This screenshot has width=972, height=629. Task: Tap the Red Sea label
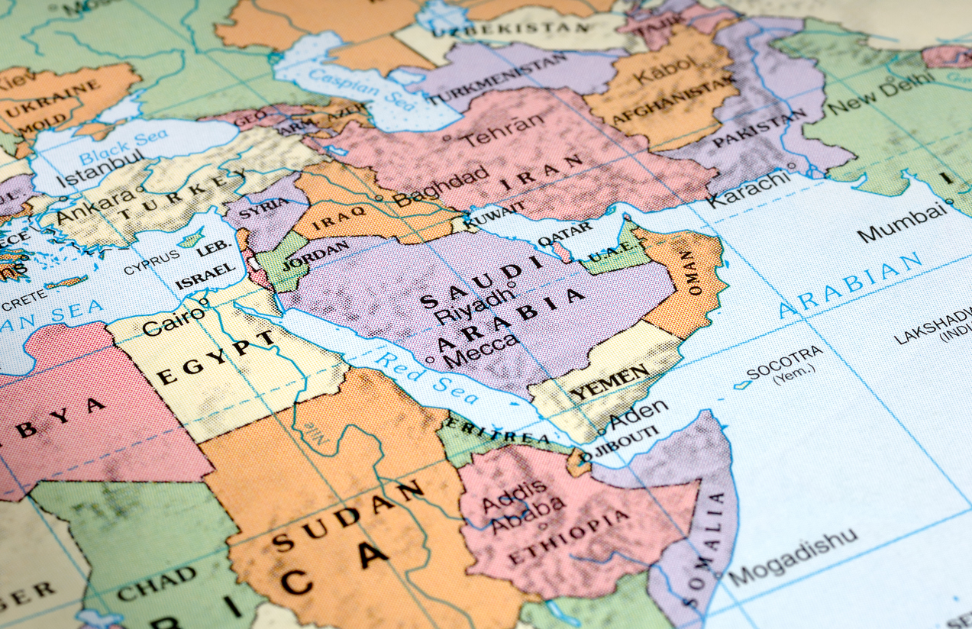428,377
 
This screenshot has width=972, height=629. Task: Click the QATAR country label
565,233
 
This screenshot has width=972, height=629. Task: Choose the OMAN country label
689,274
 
